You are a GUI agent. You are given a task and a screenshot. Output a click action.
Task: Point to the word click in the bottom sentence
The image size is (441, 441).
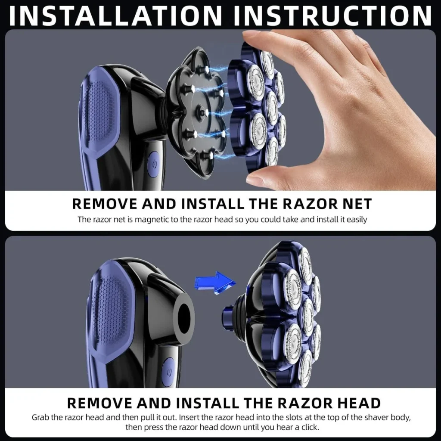[x=310, y=427]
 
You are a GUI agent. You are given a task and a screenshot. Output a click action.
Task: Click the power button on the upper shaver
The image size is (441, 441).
[x=153, y=165]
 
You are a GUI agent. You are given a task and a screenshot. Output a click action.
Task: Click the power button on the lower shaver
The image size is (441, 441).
[x=169, y=371]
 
